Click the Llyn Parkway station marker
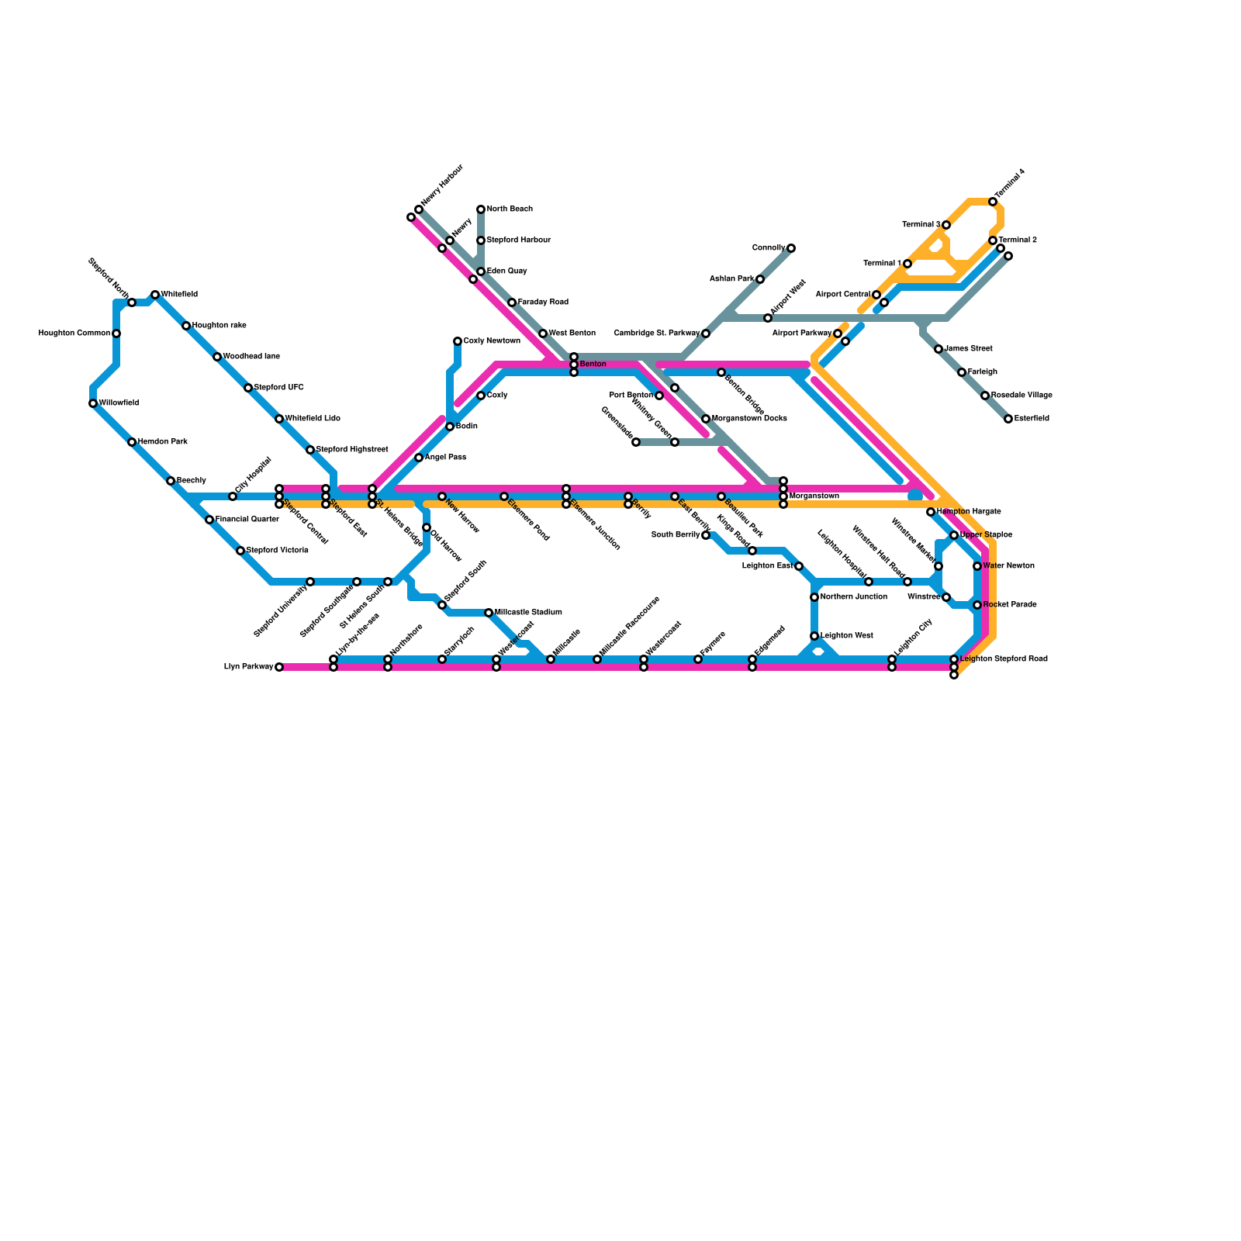[x=279, y=667]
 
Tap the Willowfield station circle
[x=93, y=403]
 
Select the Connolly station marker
[x=791, y=248]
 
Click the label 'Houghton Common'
[x=74, y=334]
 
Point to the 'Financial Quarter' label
[x=247, y=520]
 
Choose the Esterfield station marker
[x=1008, y=419]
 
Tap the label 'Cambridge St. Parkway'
[x=656, y=334]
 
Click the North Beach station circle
[x=481, y=209]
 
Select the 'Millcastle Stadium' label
[x=527, y=613]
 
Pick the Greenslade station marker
[x=636, y=442]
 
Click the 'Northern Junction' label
[x=853, y=597]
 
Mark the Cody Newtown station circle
[x=458, y=341]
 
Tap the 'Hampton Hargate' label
[x=968, y=512]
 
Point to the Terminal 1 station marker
[x=907, y=264]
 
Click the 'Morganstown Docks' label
[x=749, y=419]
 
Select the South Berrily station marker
[x=706, y=535]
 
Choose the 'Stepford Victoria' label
[x=277, y=551]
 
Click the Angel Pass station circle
[x=419, y=458]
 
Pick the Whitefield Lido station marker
[x=279, y=419]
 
